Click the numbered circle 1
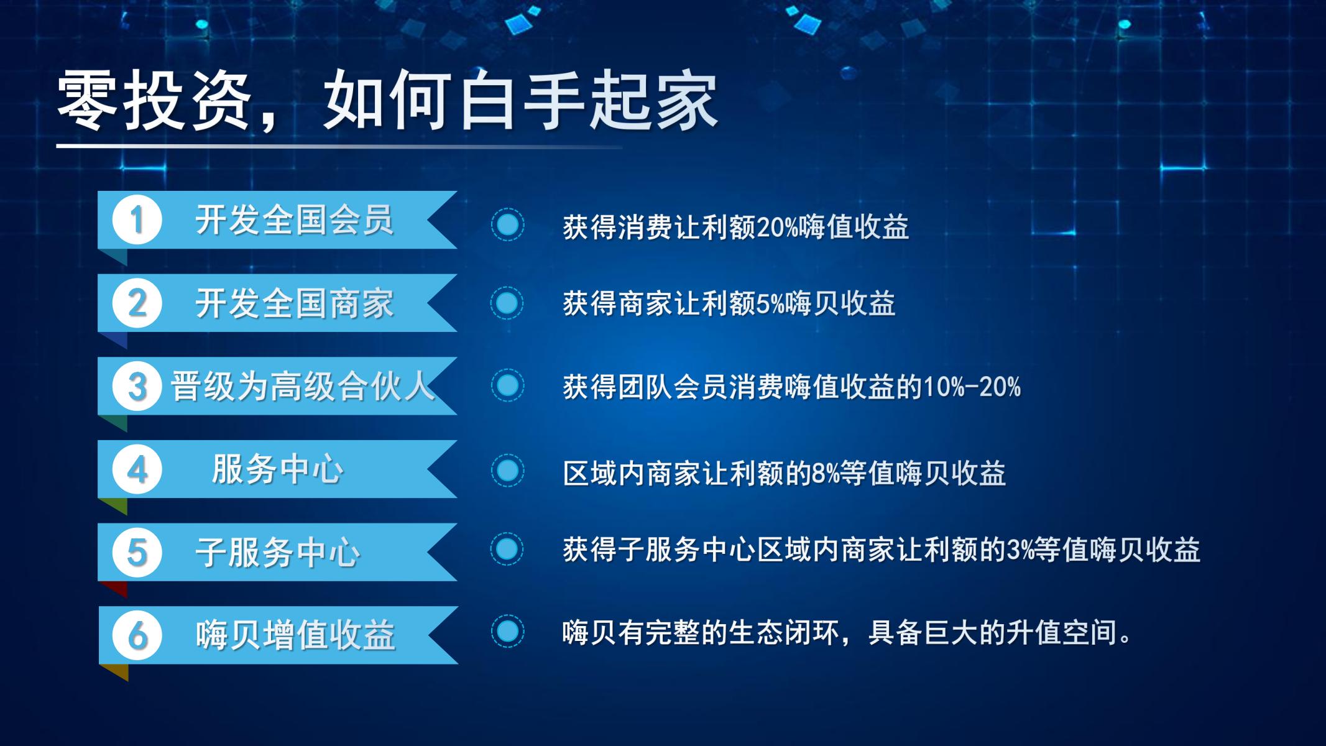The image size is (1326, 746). click(x=137, y=220)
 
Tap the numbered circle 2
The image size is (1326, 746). click(x=137, y=303)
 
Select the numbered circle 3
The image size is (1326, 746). click(x=137, y=386)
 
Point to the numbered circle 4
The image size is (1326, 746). click(x=137, y=469)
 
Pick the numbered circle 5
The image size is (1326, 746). click(x=137, y=552)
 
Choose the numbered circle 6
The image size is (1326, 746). click(x=137, y=635)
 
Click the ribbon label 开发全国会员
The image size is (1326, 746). click(x=295, y=220)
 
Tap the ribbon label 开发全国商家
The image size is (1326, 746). click(x=295, y=303)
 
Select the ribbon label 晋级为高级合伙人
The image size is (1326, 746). click(x=303, y=386)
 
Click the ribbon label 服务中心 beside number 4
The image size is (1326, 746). click(x=277, y=469)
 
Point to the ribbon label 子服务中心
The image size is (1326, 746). click(x=278, y=552)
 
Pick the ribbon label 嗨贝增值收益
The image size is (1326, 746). click(x=296, y=635)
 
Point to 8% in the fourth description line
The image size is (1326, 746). click(x=825, y=474)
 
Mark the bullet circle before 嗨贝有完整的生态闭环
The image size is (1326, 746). click(x=507, y=632)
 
